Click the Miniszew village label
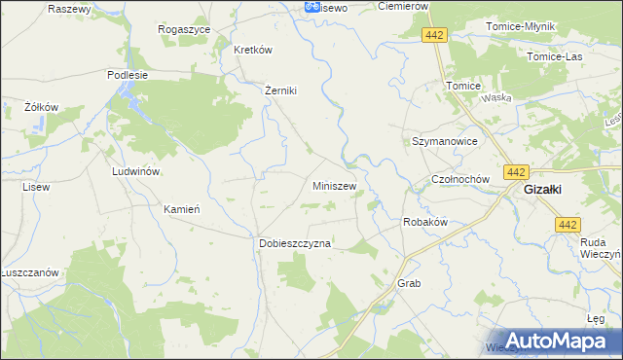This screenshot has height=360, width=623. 334,185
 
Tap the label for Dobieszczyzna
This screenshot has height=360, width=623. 295,243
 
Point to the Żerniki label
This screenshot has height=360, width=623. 280,90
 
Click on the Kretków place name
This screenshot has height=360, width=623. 251,50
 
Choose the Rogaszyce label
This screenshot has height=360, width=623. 185,30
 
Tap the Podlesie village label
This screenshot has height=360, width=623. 128,74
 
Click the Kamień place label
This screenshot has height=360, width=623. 181,209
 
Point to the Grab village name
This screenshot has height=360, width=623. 408,283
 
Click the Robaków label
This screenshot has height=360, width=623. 424,222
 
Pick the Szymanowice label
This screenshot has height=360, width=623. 444,141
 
